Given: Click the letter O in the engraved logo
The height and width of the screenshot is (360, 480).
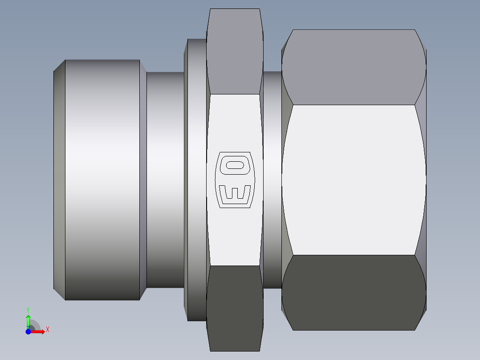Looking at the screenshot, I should [235, 165].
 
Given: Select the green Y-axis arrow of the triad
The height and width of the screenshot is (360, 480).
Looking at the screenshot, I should [28, 320].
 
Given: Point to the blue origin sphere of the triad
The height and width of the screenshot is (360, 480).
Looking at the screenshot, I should [28, 332].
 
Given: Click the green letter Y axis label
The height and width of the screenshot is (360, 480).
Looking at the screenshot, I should [28, 309].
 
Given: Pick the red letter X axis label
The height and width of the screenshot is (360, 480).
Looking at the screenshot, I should [48, 330].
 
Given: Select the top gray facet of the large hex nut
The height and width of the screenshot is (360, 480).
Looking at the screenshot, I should [353, 67].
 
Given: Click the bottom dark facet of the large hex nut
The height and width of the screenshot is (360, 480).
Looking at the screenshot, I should [353, 292].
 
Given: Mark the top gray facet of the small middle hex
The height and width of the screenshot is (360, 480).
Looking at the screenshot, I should [235, 51].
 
